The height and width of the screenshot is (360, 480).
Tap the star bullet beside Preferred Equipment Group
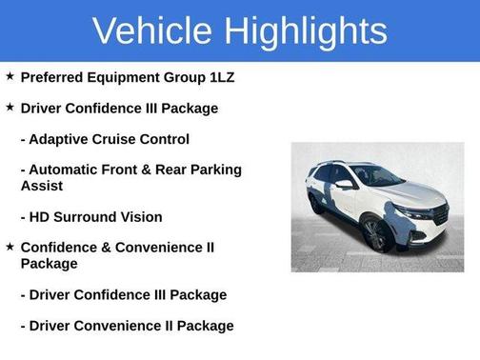[x=10, y=76]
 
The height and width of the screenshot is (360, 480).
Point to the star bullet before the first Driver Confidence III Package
[x=10, y=108]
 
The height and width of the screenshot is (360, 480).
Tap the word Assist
[x=42, y=186]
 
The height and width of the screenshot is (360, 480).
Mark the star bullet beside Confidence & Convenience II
[x=10, y=247]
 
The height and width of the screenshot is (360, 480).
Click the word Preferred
[x=52, y=77]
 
